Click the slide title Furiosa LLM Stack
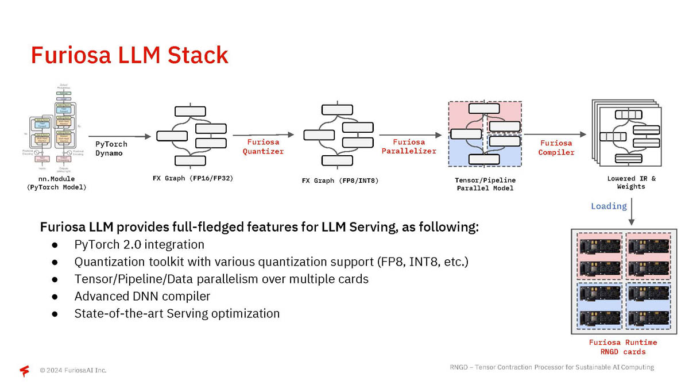click(x=129, y=55)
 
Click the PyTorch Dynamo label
click(x=111, y=148)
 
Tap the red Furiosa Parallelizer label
click(x=409, y=147)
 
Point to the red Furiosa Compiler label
click(x=556, y=148)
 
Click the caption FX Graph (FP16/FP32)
click(x=192, y=178)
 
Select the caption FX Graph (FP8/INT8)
click(x=340, y=181)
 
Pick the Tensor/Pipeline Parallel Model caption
click(x=485, y=184)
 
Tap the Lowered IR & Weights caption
click(x=631, y=182)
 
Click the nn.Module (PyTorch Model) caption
click(x=57, y=183)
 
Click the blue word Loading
click(x=609, y=206)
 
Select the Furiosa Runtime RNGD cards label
click(x=623, y=347)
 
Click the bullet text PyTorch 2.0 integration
click(x=139, y=244)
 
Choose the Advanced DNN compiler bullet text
click(x=142, y=296)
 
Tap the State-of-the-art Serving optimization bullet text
click(x=177, y=313)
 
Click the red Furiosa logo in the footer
click(x=25, y=371)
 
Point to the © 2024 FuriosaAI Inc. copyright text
click(x=73, y=370)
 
